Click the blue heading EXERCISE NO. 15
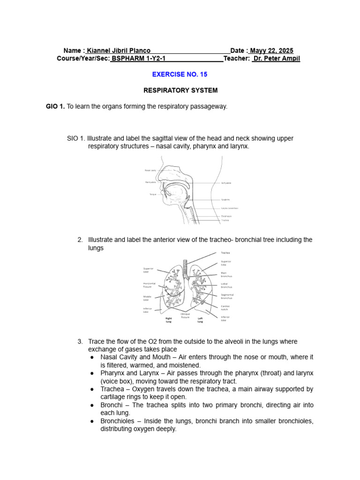coord(180,74)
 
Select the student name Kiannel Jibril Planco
coord(119,51)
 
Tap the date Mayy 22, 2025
coord(271,51)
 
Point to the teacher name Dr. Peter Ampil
coord(276,59)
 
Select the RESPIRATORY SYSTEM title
coord(180,90)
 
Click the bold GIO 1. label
coord(55,106)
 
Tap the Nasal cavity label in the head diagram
coord(150,170)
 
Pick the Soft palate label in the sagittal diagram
coord(226,183)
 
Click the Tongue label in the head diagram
coord(152,194)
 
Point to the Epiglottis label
coord(225,199)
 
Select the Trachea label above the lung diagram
coord(225,253)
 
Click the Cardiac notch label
coord(225,307)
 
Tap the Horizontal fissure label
coord(149,285)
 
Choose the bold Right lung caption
coord(169,320)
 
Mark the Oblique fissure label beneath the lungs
coord(186,315)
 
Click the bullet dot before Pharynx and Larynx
coord(92,373)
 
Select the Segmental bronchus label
coord(227,296)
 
